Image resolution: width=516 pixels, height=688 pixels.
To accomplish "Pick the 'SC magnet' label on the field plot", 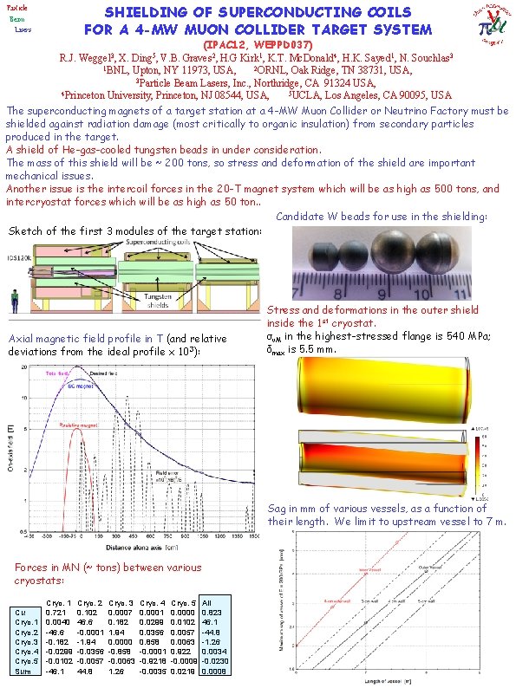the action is [x=81, y=386].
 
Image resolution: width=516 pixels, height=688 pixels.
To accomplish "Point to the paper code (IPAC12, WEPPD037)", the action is [x=258, y=43].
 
